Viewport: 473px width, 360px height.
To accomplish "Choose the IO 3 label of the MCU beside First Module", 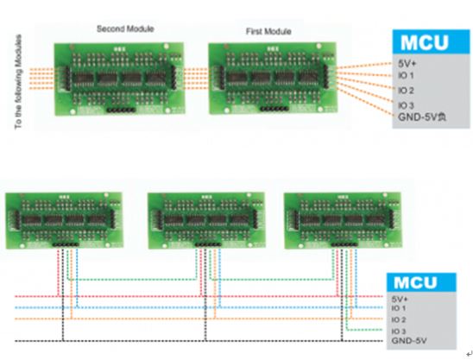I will pos(407,104).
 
